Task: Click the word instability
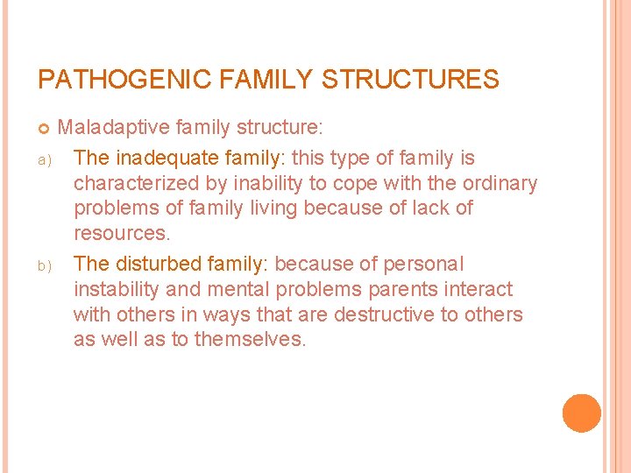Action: (116, 289)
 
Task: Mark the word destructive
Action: (380, 314)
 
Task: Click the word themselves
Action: (249, 340)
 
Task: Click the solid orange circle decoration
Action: (581, 413)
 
